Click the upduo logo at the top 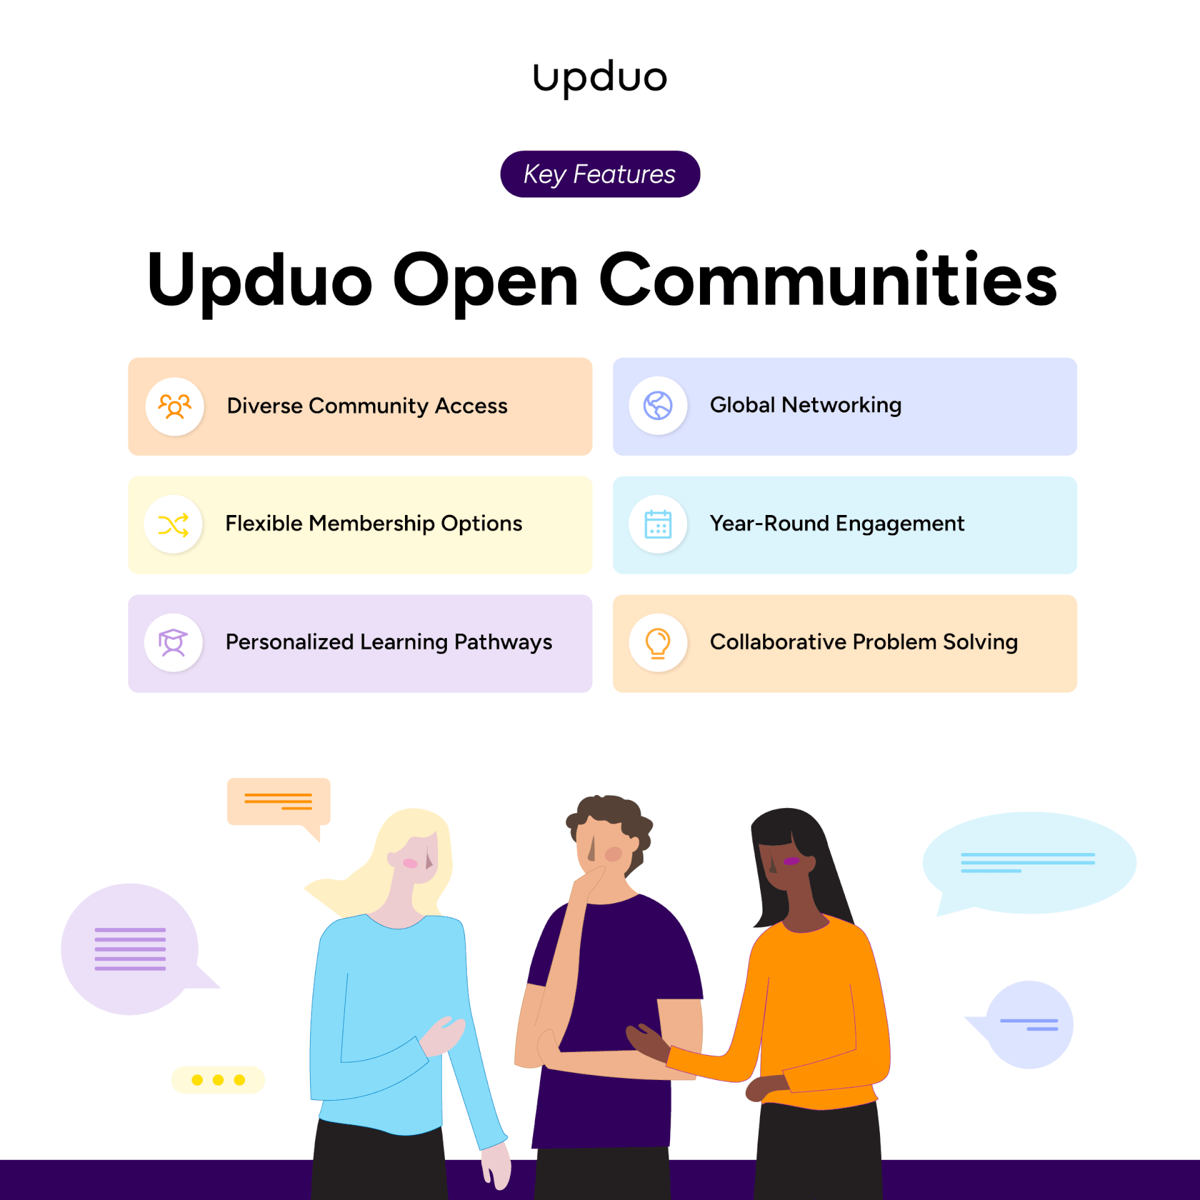click(x=599, y=77)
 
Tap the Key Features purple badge click(x=599, y=174)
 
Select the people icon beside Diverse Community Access click(x=174, y=406)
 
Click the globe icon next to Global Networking click(x=657, y=406)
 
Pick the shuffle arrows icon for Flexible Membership click(x=173, y=525)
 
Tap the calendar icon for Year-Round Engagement click(x=657, y=524)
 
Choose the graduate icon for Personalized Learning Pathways click(x=173, y=642)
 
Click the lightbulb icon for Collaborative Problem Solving click(x=657, y=643)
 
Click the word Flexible click(x=264, y=523)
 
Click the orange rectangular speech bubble click(x=278, y=801)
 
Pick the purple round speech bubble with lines click(x=130, y=949)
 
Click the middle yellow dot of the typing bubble click(x=218, y=1080)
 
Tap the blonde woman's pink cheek click(x=410, y=863)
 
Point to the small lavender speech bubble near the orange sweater click(x=1029, y=1025)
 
